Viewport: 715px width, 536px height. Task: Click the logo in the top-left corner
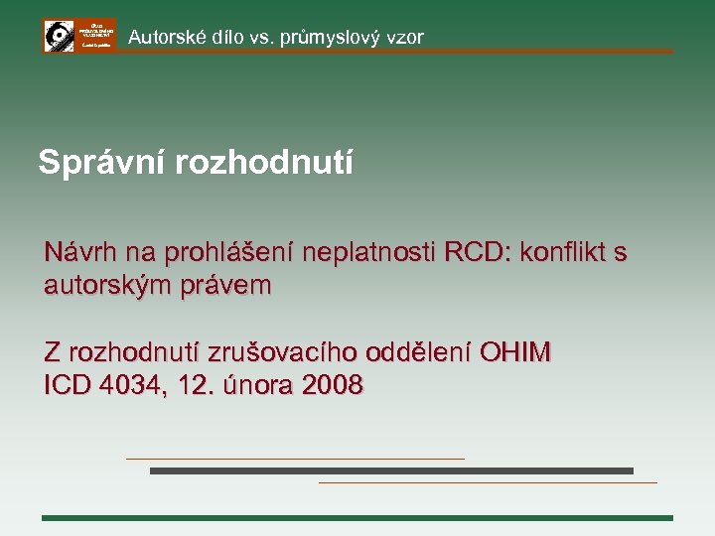pyautogui.click(x=79, y=35)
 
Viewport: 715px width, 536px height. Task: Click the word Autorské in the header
pyautogui.click(x=164, y=38)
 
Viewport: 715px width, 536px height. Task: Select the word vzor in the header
pyautogui.click(x=405, y=38)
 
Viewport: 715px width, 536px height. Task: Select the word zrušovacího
pyautogui.click(x=283, y=352)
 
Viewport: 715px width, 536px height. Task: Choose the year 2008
pyautogui.click(x=332, y=385)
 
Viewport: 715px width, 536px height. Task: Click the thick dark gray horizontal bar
pyautogui.click(x=391, y=470)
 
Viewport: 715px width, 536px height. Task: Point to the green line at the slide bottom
pyautogui.click(x=357, y=517)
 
